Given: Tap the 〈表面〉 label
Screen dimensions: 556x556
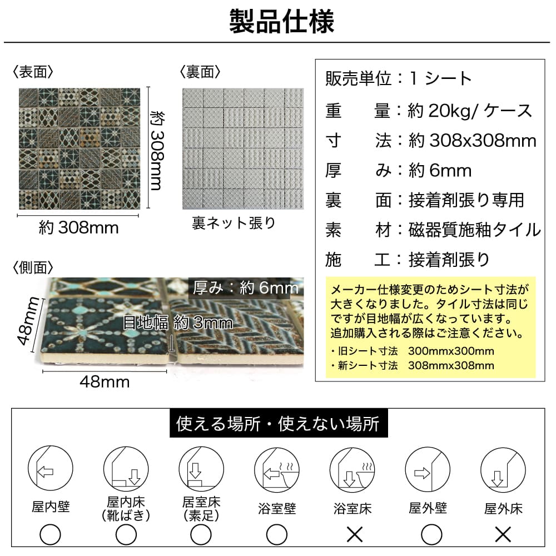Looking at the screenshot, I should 33,72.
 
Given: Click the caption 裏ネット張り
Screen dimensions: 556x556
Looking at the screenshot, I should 234,223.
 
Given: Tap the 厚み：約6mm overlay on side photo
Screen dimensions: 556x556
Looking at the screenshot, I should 245,288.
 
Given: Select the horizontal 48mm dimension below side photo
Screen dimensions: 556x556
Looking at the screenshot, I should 105,381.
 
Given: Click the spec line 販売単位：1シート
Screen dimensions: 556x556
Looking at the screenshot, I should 399,78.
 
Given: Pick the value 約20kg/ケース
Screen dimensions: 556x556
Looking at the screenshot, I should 470,111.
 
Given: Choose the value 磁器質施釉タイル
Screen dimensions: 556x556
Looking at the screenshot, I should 475,229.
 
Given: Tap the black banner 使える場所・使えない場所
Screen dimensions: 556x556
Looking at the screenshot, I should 278,425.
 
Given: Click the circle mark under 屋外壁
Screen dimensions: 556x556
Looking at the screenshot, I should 428,535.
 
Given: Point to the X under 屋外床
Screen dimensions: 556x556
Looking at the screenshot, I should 503,535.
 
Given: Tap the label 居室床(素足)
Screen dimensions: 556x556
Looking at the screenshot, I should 201,509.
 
